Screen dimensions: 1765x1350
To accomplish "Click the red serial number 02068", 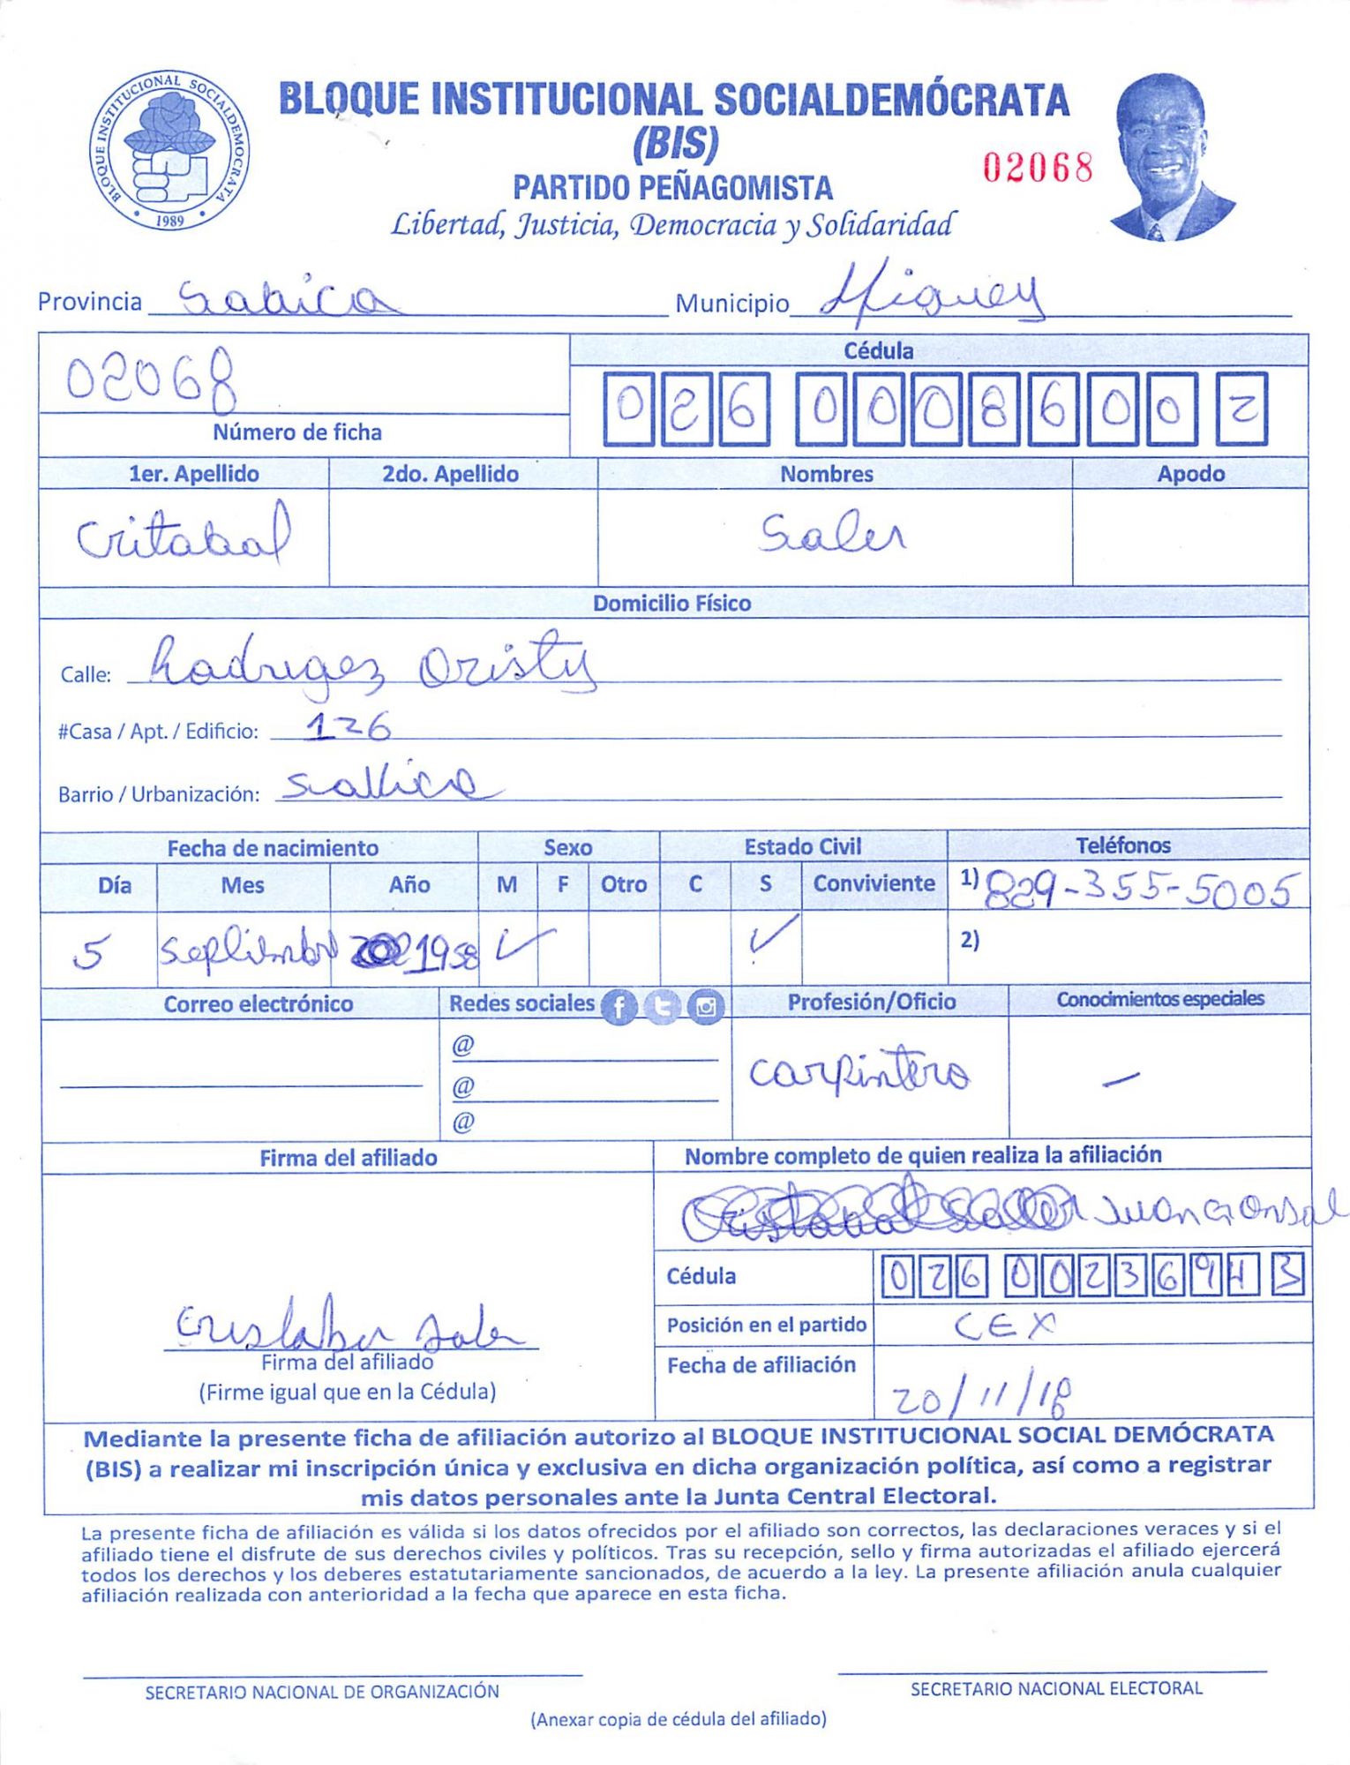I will [1038, 167].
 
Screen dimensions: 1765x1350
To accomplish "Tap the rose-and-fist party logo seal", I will [169, 150].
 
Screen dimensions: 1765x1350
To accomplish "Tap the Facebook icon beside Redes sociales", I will [619, 1006].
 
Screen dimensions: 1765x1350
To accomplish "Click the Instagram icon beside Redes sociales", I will [705, 1006].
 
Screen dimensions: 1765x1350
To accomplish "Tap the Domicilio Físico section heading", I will [671, 604].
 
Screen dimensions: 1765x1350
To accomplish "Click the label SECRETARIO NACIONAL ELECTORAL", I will [1055, 1688].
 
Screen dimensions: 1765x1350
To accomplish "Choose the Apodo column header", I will [1190, 474].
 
